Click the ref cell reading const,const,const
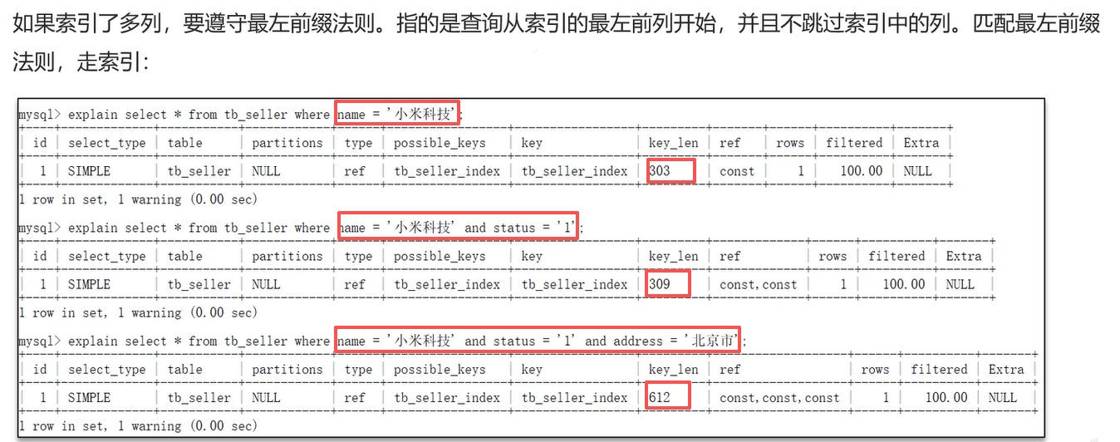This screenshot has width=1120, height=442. [779, 397]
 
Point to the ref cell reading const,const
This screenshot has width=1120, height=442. [758, 284]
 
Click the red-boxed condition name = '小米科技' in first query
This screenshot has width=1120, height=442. [397, 114]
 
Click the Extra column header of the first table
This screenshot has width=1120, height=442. [921, 143]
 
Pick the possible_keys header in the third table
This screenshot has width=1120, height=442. [440, 369]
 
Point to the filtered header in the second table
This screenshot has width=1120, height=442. [896, 256]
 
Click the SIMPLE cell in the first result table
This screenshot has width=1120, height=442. [89, 171]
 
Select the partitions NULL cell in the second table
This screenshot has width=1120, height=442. [266, 284]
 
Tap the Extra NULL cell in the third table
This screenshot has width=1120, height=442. [1002, 397]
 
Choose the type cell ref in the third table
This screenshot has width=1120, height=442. [355, 397]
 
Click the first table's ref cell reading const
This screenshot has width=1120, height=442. [737, 171]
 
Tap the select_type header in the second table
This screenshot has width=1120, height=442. [106, 256]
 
